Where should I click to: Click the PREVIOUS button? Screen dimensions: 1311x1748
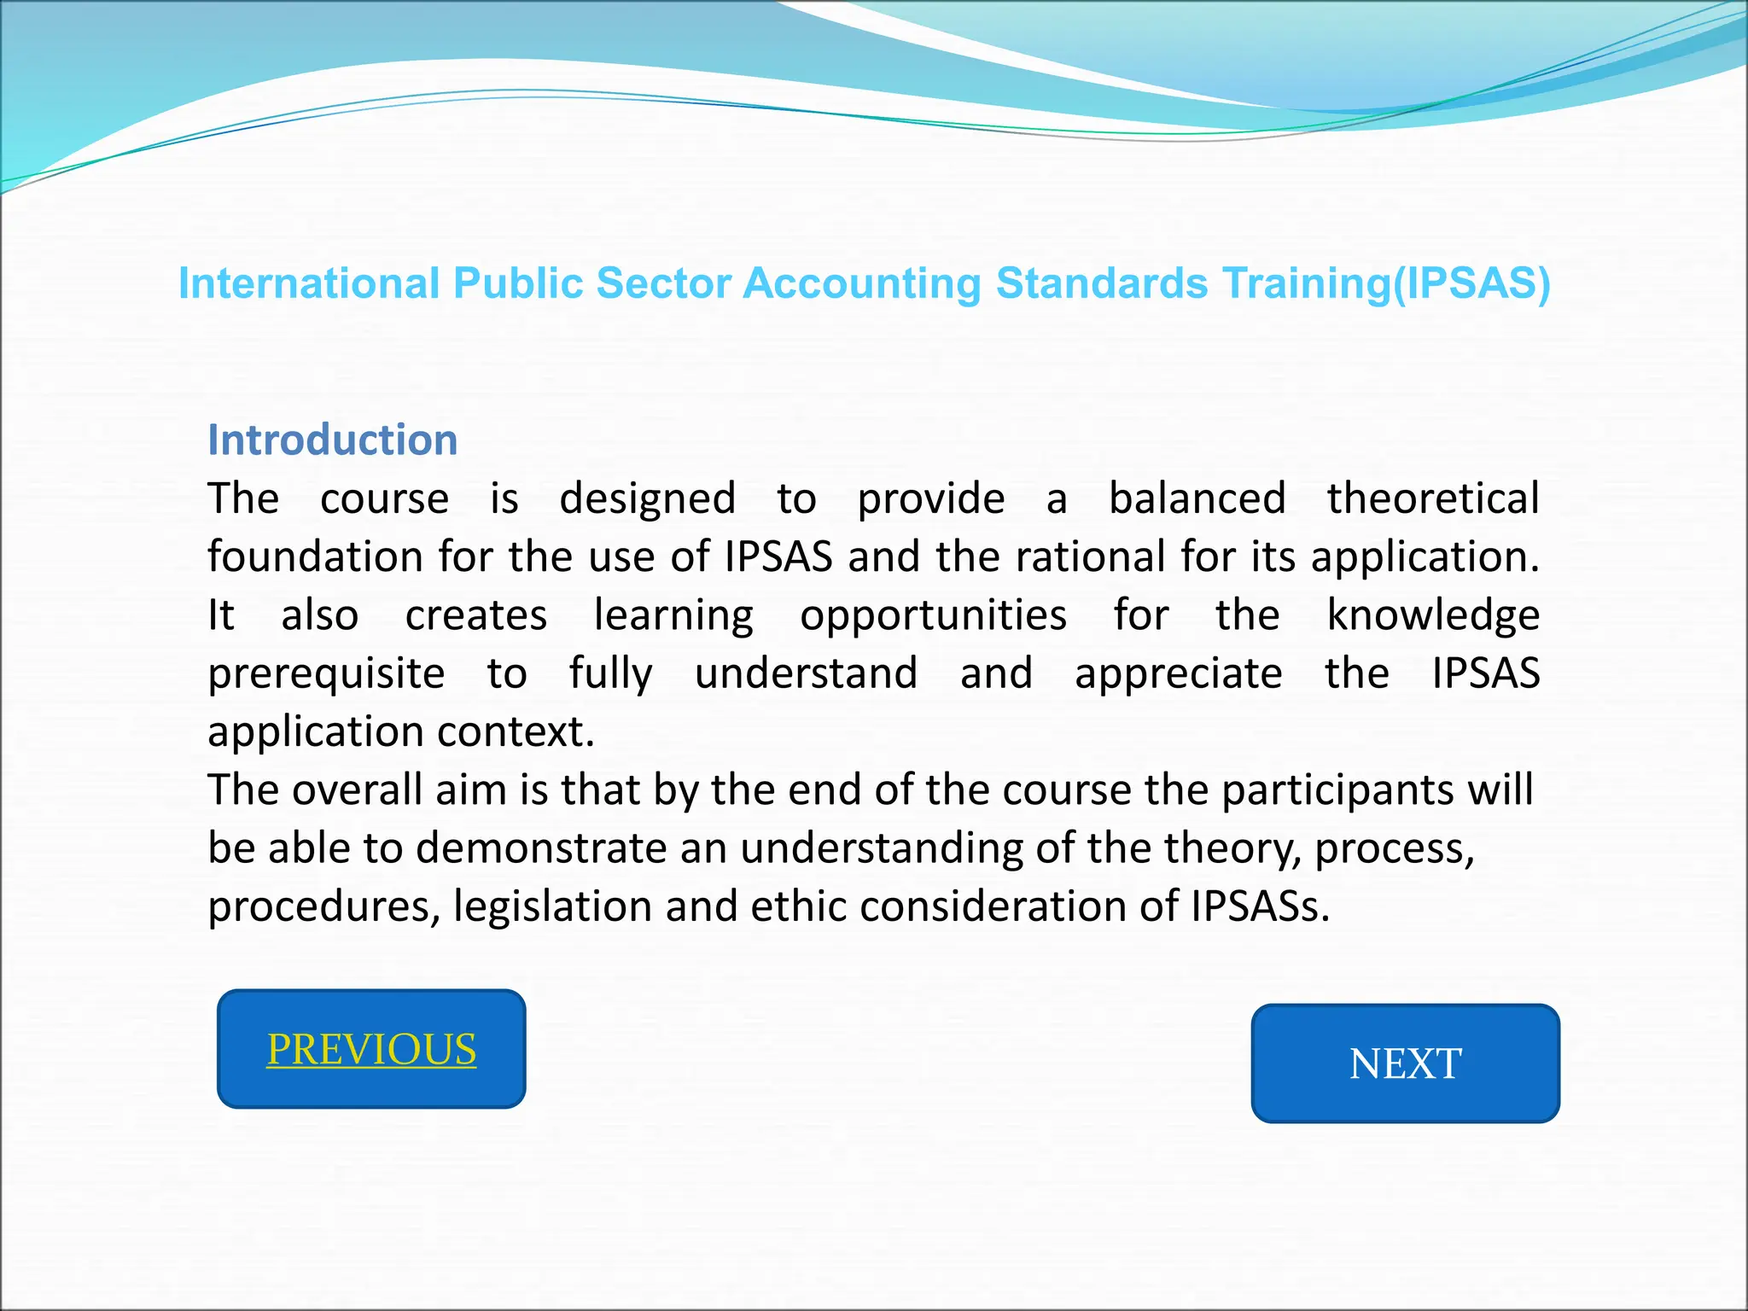371,1049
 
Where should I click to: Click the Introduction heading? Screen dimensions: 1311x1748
333,440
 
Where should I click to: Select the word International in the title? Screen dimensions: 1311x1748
309,283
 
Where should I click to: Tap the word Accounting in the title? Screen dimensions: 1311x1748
861,283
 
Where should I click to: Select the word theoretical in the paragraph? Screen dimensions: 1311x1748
1433,498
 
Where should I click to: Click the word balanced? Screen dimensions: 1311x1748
1197,498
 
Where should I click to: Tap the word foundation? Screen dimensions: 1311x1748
315,556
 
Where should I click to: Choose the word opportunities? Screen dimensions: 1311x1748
933,615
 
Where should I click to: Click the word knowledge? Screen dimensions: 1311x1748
1433,615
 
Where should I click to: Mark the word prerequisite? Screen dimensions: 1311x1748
326,673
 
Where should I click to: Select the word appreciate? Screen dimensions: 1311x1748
1178,673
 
